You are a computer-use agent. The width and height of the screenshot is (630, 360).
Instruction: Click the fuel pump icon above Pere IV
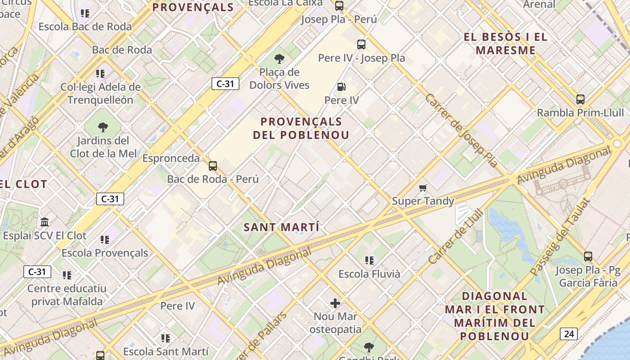pyautogui.click(x=342, y=87)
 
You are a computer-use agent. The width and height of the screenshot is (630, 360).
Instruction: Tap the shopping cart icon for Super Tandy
pyautogui.click(x=423, y=188)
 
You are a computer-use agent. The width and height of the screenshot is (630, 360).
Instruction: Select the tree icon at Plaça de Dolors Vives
pyautogui.click(x=279, y=58)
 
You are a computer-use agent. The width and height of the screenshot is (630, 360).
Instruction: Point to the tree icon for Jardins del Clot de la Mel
pyautogui.click(x=103, y=127)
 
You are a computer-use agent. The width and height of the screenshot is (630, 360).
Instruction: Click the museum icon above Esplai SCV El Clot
pyautogui.click(x=45, y=222)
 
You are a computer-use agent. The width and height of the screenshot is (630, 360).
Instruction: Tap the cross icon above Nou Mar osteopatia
pyautogui.click(x=335, y=303)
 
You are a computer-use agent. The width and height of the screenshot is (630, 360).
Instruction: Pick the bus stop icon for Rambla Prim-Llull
pyautogui.click(x=580, y=99)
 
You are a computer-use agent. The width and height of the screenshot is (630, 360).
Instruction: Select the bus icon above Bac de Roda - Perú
pyautogui.click(x=213, y=166)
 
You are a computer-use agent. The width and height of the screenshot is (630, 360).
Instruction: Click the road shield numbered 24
pyautogui.click(x=569, y=333)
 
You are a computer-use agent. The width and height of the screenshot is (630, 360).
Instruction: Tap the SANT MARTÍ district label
pyautogui.click(x=282, y=227)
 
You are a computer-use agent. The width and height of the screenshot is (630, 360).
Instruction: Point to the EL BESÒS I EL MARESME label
pyautogui.click(x=506, y=44)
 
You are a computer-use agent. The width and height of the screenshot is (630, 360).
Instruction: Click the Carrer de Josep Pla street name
pyautogui.click(x=461, y=130)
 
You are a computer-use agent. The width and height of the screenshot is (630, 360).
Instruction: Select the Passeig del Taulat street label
pyautogui.click(x=559, y=238)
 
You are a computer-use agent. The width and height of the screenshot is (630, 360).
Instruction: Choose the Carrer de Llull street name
pyautogui.click(x=455, y=237)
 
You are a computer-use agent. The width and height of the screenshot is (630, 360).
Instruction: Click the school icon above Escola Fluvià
pyautogui.click(x=369, y=260)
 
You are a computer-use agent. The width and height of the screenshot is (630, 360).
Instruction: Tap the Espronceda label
pyautogui.click(x=171, y=158)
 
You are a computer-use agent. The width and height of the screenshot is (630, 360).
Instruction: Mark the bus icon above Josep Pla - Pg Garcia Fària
pyautogui.click(x=588, y=256)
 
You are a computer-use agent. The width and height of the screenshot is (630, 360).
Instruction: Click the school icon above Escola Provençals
pyautogui.click(x=105, y=239)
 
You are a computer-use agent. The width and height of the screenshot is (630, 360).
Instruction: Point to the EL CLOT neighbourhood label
pyautogui.click(x=24, y=184)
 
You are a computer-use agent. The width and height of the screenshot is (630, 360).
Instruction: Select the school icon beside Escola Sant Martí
pyautogui.click(x=166, y=338)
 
